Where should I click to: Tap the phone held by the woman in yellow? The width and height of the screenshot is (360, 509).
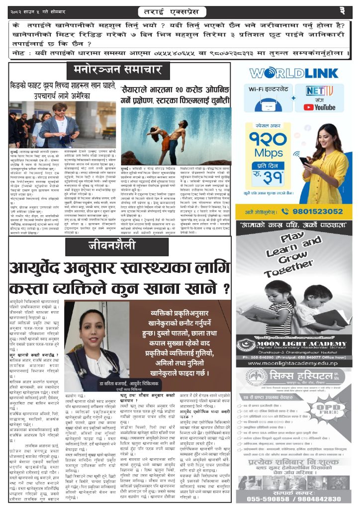click(304, 160)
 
